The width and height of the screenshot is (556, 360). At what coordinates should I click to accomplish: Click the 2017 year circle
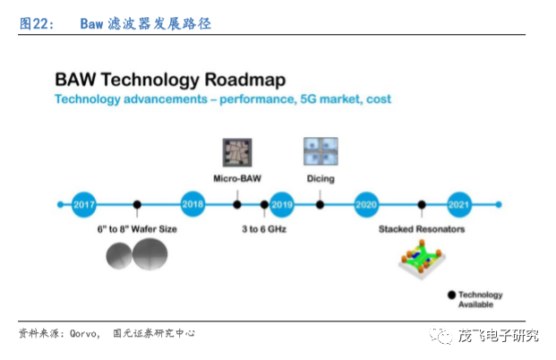84,205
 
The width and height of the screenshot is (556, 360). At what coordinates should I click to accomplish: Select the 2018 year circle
192,204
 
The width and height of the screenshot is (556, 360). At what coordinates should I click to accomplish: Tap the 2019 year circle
282,205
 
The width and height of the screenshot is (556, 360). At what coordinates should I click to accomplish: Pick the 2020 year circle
366,205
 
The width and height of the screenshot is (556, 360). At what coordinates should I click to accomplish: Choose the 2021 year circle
459,205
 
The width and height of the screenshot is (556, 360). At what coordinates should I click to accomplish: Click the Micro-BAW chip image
237,152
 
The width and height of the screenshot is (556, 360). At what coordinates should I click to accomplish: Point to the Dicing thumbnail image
321,151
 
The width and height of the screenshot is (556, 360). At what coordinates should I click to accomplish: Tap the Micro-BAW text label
237,178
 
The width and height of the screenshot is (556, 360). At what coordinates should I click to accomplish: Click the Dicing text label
321,178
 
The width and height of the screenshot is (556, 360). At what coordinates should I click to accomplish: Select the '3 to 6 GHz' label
264,229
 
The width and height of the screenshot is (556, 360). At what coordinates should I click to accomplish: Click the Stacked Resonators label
422,229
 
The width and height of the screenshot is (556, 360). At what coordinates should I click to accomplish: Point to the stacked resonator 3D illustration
422,260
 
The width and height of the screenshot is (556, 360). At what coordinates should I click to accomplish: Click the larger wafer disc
150,254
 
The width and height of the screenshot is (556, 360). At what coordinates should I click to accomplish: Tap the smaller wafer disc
119,256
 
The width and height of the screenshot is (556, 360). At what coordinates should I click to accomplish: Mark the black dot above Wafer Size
137,205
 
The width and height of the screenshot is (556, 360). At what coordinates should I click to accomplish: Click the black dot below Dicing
320,205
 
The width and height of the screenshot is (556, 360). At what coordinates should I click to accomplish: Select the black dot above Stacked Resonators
422,205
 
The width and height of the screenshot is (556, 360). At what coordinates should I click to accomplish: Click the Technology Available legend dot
451,295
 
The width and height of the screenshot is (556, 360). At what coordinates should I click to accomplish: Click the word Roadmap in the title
245,80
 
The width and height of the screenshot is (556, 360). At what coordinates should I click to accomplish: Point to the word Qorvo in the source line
83,334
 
